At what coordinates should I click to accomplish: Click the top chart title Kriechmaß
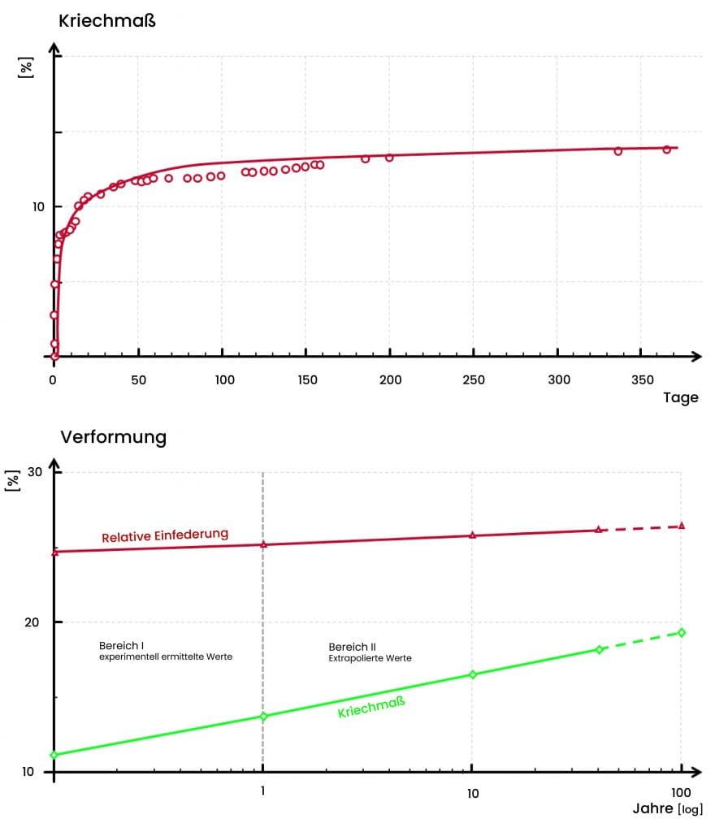[106, 21]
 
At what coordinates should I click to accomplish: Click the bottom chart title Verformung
[113, 437]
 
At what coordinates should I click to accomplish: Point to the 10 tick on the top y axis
[38, 206]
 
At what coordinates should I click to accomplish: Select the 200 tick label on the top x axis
[389, 379]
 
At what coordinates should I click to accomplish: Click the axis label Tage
[680, 398]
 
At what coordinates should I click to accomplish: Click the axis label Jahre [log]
[667, 809]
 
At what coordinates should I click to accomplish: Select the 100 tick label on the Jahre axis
[680, 791]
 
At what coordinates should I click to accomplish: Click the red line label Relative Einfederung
[165, 535]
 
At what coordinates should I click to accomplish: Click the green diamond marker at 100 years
[681, 632]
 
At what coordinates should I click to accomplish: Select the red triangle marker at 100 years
[681, 526]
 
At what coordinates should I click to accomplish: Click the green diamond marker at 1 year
[263, 716]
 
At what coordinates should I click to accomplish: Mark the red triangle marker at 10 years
[472, 535]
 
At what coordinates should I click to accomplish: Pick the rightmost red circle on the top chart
[666, 149]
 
